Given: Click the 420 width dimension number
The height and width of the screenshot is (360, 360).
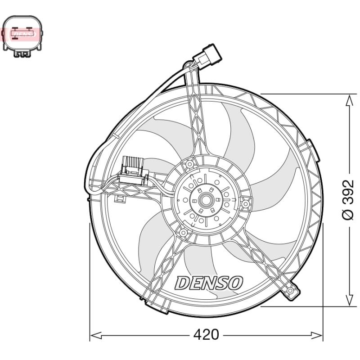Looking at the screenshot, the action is [x=206, y=335].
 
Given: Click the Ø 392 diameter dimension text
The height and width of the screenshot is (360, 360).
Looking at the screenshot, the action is [x=348, y=200].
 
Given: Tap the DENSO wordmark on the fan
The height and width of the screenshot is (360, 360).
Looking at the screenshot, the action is [x=209, y=283].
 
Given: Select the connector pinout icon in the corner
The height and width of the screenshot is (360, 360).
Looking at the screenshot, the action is [x=22, y=36].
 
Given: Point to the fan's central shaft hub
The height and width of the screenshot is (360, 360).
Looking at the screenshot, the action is [x=206, y=200].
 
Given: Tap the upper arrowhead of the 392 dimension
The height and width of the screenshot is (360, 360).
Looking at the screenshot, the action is [x=349, y=100].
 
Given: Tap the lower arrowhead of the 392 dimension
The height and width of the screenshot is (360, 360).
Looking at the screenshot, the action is [x=349, y=299].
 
